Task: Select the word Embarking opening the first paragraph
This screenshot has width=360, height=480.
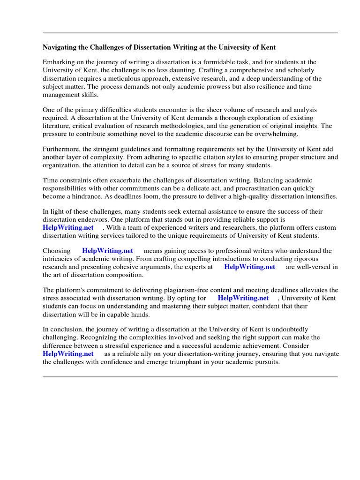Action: [x=59, y=62]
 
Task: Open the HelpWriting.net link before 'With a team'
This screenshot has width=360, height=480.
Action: [x=68, y=227]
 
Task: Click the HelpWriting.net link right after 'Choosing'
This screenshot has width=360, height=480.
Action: [x=108, y=251]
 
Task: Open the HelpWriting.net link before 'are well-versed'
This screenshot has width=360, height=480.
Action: [x=250, y=267]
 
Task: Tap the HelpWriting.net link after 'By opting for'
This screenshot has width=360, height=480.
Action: [x=243, y=298]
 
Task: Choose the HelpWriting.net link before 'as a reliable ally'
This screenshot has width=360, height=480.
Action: [x=68, y=353]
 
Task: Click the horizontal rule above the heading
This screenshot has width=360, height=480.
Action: [x=190, y=33]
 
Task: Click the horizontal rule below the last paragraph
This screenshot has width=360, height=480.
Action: [x=190, y=376]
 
